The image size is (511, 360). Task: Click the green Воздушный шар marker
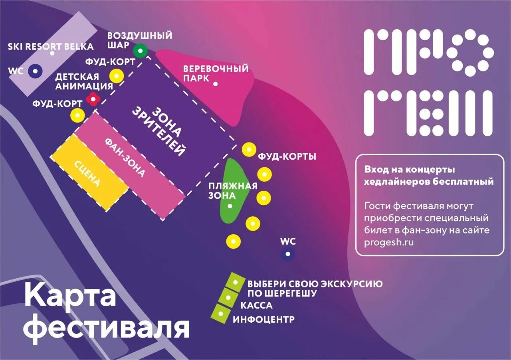(x=140, y=51)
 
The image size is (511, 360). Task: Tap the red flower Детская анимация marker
(x=93, y=99)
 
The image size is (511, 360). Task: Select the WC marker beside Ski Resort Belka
(x=36, y=71)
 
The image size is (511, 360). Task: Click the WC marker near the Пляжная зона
(x=287, y=254)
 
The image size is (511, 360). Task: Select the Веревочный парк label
(x=216, y=73)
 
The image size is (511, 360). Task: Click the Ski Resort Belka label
(x=51, y=47)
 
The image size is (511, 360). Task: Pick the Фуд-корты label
(x=287, y=156)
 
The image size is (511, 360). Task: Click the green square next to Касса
(x=228, y=297)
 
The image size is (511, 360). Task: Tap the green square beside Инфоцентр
(x=220, y=313)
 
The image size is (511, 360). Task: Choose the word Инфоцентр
(x=263, y=320)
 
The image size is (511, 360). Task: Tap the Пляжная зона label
(x=233, y=191)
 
